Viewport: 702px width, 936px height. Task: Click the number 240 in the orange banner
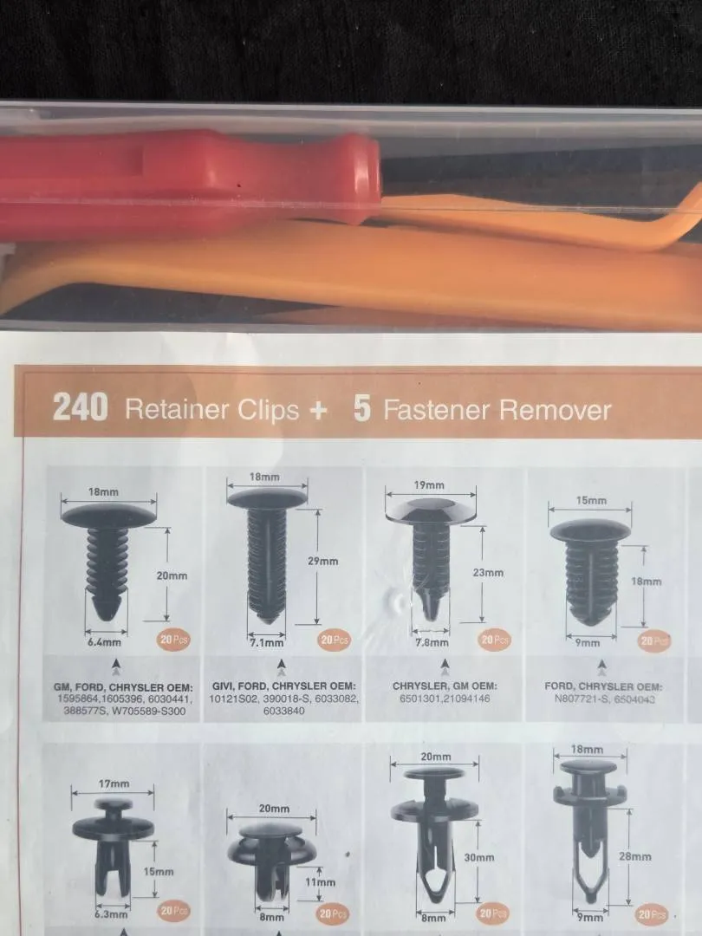(x=81, y=407)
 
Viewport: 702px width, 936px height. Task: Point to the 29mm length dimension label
(x=323, y=561)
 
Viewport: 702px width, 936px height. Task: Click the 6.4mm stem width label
(x=105, y=642)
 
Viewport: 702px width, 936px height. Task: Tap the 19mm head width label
(x=429, y=485)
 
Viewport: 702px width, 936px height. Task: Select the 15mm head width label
(x=591, y=500)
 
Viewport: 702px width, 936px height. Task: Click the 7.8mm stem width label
(x=432, y=642)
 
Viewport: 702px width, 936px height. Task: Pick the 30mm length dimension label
(x=479, y=857)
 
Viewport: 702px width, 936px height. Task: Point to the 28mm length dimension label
(x=635, y=856)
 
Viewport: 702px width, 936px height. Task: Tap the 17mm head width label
(x=114, y=783)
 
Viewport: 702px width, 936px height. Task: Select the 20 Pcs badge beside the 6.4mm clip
(x=173, y=640)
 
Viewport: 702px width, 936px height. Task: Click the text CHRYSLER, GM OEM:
(x=445, y=686)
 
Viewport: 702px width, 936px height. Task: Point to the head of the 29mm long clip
(x=267, y=497)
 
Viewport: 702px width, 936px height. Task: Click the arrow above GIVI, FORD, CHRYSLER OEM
(x=282, y=667)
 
